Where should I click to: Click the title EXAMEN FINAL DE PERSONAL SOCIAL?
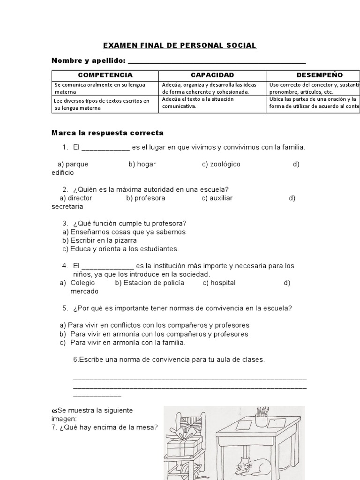[180, 45]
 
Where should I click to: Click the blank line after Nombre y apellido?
[217, 61]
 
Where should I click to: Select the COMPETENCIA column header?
[105, 75]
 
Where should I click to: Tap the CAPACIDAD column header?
[212, 75]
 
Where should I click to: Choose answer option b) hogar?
[142, 164]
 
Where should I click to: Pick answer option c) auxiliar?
[217, 198]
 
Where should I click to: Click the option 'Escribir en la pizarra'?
[99, 240]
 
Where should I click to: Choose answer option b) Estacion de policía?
[150, 283]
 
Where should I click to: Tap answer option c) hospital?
[219, 283]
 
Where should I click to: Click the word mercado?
[84, 291]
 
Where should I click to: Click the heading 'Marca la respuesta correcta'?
[107, 133]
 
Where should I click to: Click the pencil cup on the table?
[262, 417]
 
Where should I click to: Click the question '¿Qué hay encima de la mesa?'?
[104, 427]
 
